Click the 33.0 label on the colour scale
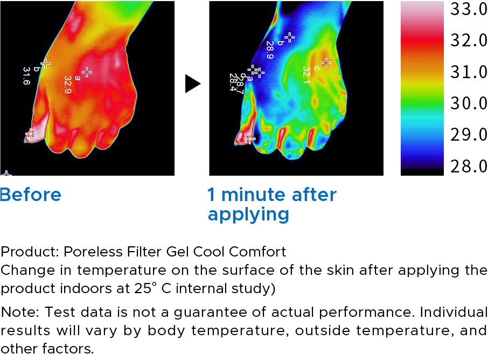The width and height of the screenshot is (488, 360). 469,9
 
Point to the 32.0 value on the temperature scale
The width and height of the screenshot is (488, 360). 469,40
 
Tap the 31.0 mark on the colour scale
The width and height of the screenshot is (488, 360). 469,72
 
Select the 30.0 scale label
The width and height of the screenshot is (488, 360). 469,103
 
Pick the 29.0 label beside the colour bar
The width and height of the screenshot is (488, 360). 469,135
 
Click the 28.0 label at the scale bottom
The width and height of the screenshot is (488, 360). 469,167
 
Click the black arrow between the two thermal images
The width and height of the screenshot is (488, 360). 193,84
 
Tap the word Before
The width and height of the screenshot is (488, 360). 31,195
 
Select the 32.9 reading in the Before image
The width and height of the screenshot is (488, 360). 68,85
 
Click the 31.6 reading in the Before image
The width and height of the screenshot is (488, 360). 26,75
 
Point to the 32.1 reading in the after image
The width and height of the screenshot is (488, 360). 306,75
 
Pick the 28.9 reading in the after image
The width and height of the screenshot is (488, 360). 269,50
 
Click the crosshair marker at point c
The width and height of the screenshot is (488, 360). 326,63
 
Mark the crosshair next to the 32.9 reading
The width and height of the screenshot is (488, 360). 87,72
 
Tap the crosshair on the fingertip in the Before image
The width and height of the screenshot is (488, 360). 31,134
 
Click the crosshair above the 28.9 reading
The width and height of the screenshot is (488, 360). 289,37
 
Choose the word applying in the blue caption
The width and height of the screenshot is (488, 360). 248,216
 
